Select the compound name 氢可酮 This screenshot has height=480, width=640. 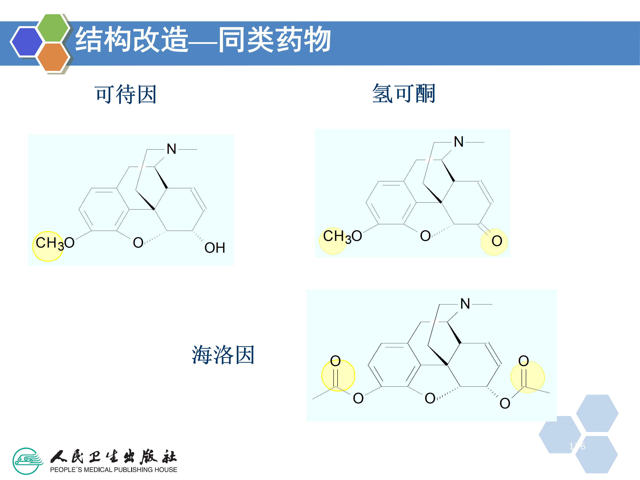404,94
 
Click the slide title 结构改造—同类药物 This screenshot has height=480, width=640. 202,40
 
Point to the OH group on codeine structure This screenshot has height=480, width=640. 215,248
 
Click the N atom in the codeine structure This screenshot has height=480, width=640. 171,149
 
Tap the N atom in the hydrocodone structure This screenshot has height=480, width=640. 459,142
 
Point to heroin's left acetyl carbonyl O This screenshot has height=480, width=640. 335,361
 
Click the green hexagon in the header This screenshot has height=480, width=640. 53,28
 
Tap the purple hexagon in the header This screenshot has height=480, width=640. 27,41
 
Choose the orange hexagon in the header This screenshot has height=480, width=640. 53,57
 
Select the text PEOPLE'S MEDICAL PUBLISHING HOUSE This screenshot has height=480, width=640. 113,470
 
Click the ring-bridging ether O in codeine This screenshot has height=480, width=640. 138,243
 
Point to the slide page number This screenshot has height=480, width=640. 577,446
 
